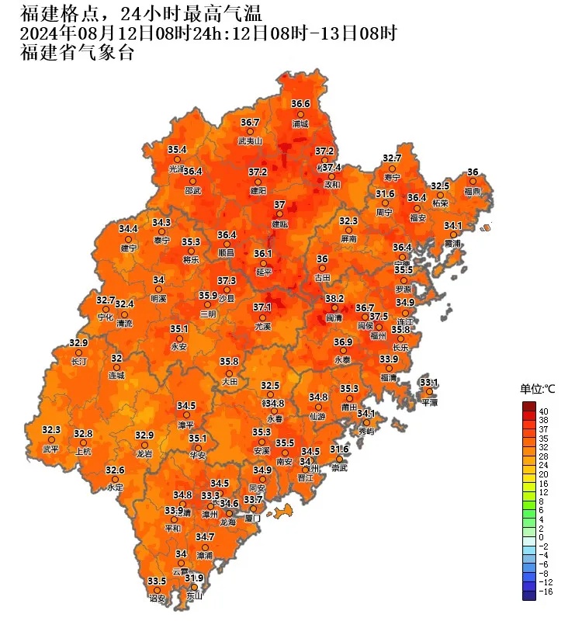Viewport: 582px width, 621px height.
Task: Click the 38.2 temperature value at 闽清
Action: tap(334, 298)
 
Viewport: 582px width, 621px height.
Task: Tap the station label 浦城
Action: tap(300, 123)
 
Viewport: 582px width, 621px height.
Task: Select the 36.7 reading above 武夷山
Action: tap(250, 122)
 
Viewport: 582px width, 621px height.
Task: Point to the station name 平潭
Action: tap(430, 403)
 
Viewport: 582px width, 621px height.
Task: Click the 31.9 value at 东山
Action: tap(194, 578)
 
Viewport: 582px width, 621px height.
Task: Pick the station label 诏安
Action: tap(158, 598)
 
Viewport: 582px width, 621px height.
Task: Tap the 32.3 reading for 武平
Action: tap(51, 429)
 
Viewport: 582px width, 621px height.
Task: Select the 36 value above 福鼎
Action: tap(473, 172)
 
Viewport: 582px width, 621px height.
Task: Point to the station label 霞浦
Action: tap(452, 244)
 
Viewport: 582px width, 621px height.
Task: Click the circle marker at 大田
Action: tap(229, 372)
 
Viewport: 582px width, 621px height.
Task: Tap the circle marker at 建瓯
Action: tap(279, 213)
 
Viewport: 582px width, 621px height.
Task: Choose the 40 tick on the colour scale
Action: tap(544, 411)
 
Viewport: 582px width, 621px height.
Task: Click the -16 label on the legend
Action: tap(546, 591)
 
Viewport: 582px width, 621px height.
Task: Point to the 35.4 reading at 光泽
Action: tap(178, 150)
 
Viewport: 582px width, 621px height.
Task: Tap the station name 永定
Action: tap(116, 487)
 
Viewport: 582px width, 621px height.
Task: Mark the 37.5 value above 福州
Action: tap(379, 317)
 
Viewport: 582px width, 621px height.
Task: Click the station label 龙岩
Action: tap(145, 453)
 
